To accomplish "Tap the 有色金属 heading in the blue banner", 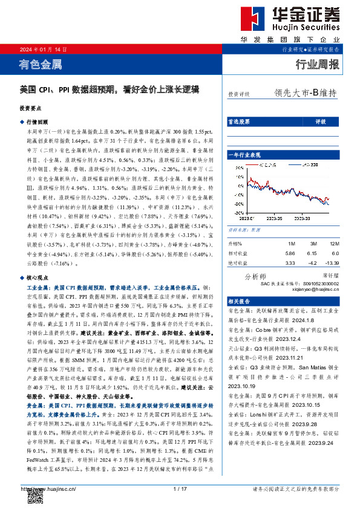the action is [x=41, y=64].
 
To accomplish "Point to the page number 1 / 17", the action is [x=180, y=489].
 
